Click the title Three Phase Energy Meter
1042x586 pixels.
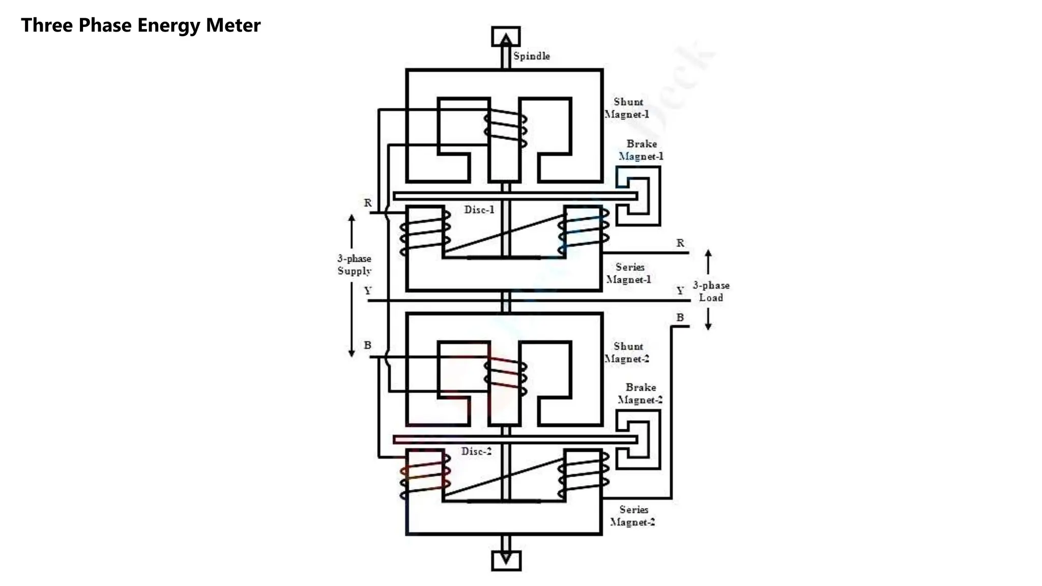click(140, 25)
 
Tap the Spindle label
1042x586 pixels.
click(531, 56)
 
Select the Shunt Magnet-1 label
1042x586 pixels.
click(627, 108)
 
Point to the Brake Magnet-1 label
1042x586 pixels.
click(641, 150)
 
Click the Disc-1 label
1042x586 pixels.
click(479, 210)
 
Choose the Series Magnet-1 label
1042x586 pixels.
click(629, 273)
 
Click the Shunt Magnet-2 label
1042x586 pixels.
click(627, 353)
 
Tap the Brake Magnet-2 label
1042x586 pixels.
click(640, 394)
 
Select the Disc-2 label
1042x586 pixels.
click(476, 451)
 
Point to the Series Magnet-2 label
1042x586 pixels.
click(632, 516)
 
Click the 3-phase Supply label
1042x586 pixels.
click(354, 265)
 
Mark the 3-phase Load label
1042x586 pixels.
click(711, 291)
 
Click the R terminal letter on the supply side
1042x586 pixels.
click(368, 203)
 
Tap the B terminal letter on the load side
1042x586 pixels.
click(680, 317)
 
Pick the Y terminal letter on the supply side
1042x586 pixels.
click(368, 290)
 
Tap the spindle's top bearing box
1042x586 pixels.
click(506, 36)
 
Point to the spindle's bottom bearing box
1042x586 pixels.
click(506, 561)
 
